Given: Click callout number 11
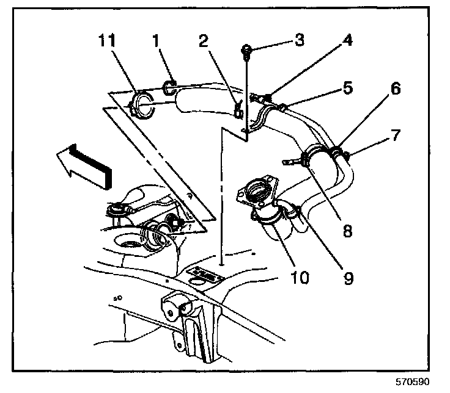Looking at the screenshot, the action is pyautogui.click(x=107, y=40).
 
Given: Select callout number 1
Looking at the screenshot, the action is pyautogui.click(x=156, y=40).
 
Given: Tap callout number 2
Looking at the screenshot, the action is pyautogui.click(x=204, y=40).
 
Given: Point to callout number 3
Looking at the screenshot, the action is pyautogui.click(x=300, y=40).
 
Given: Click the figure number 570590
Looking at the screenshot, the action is pyautogui.click(x=413, y=382).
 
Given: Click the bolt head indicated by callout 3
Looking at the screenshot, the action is pyautogui.click(x=247, y=49).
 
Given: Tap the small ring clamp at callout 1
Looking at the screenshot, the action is pyautogui.click(x=169, y=87).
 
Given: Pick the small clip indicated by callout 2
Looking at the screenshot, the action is pyautogui.click(x=239, y=110).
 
